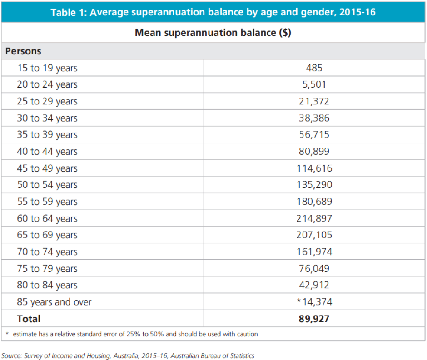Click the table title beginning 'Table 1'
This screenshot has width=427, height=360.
pyautogui.click(x=213, y=12)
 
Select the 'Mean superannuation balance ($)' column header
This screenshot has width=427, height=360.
pyautogui.click(x=213, y=33)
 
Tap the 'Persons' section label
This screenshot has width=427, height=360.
pyautogui.click(x=23, y=51)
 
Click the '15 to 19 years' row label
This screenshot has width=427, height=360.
pyautogui.click(x=47, y=68)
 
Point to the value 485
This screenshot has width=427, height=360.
pyautogui.click(x=314, y=68)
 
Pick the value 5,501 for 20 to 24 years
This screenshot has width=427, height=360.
pyautogui.click(x=314, y=84)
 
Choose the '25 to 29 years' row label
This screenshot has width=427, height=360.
pyautogui.click(x=47, y=101)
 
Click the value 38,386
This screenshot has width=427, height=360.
pyautogui.click(x=314, y=118)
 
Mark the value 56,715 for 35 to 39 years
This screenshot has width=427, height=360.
pyautogui.click(x=314, y=135)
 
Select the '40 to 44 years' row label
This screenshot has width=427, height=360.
pyautogui.click(x=47, y=152)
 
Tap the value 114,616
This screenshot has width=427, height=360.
pyautogui.click(x=314, y=168)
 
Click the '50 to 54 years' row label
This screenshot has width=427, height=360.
pyautogui.click(x=47, y=185)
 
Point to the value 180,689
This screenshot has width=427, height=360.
pyautogui.click(x=314, y=202)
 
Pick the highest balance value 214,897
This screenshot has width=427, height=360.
pyautogui.click(x=314, y=218)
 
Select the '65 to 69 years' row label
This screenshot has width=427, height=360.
pyautogui.click(x=47, y=235)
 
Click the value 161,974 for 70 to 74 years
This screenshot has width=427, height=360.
pyautogui.click(x=314, y=252)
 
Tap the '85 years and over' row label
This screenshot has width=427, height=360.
pyautogui.click(x=54, y=302)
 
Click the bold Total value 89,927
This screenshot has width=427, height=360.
pyautogui.click(x=314, y=319)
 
